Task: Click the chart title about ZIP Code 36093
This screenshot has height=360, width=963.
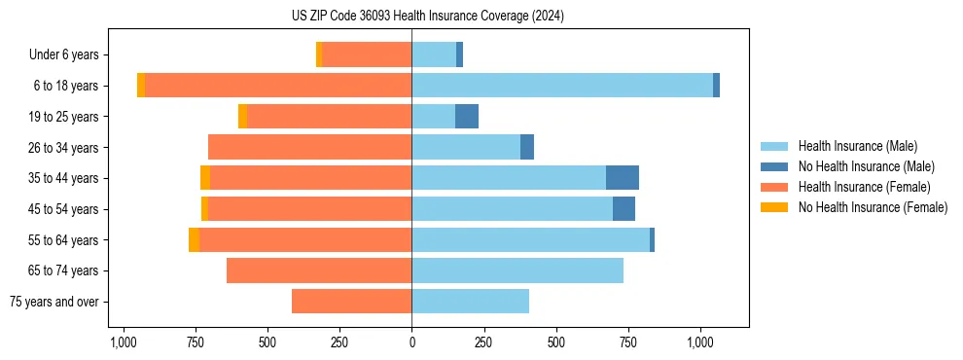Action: click(x=427, y=17)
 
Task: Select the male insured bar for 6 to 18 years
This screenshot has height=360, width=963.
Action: click(x=562, y=86)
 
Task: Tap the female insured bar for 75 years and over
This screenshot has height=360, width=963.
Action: click(x=351, y=302)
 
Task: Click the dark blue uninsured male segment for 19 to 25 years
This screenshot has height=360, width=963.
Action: click(x=467, y=117)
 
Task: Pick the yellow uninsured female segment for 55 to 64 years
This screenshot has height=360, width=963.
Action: click(x=195, y=240)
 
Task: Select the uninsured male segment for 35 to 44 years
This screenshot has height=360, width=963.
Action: click(x=623, y=178)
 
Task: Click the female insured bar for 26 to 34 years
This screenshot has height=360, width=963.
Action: click(x=309, y=147)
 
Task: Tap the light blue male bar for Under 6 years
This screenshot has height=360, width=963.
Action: click(x=434, y=55)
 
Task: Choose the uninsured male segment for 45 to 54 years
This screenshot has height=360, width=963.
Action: click(x=624, y=209)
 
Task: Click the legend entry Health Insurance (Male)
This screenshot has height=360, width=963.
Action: click(x=857, y=146)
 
